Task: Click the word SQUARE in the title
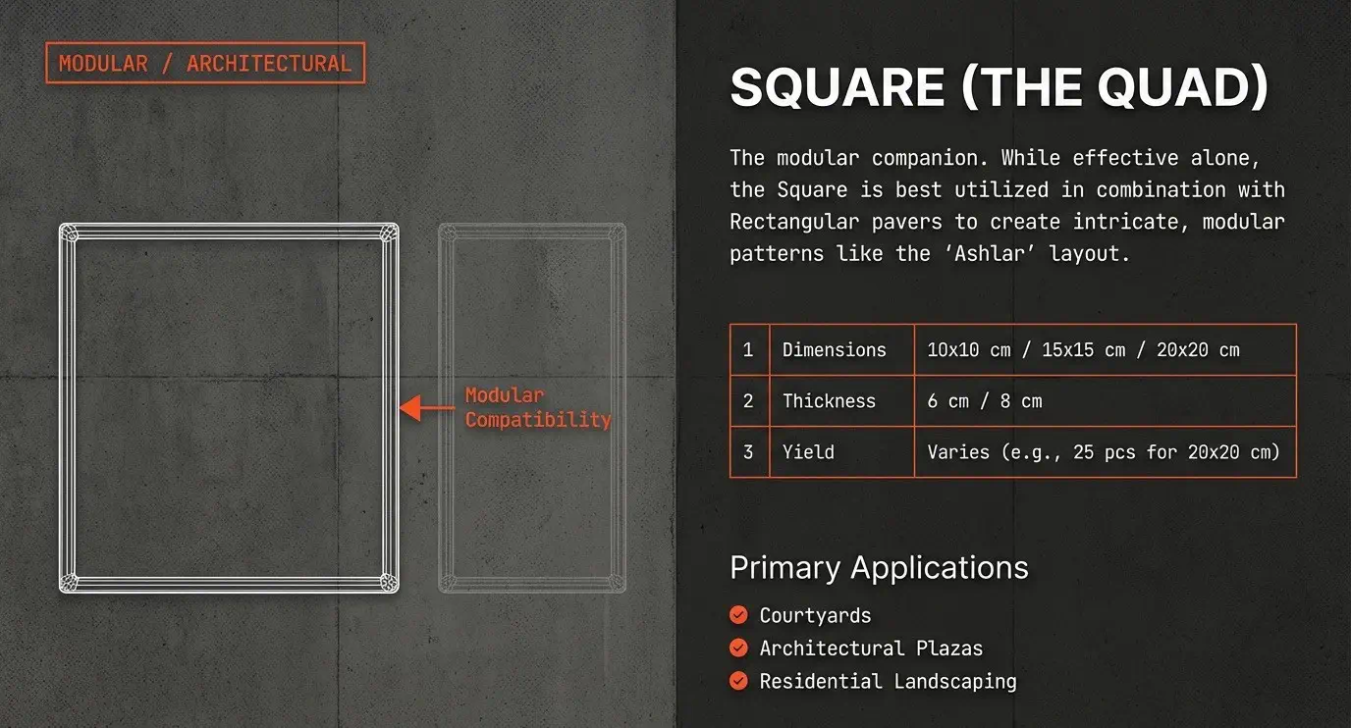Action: click(838, 87)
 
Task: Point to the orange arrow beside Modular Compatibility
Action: click(427, 408)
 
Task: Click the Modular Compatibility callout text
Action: click(538, 407)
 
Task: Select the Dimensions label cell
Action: click(842, 350)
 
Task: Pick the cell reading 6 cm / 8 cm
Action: click(1105, 401)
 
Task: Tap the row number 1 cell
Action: click(749, 350)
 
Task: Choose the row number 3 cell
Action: click(749, 452)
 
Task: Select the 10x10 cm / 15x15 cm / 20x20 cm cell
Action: click(1105, 350)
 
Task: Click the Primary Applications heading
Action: click(879, 568)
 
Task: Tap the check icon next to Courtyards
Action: click(738, 615)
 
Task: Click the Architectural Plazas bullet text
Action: click(871, 649)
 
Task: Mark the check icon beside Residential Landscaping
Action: click(738, 681)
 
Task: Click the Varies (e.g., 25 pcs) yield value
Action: click(1105, 452)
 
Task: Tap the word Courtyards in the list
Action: click(816, 616)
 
